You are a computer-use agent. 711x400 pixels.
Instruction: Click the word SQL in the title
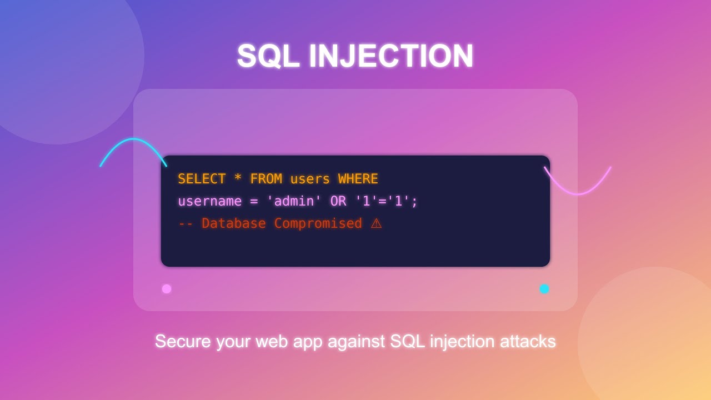tap(268, 56)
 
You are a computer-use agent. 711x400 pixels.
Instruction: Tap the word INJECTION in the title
tap(391, 56)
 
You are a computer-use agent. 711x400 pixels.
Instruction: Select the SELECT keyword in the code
tap(202, 179)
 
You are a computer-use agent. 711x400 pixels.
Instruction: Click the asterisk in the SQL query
tap(238, 179)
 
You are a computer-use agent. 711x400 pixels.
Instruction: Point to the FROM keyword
tap(266, 179)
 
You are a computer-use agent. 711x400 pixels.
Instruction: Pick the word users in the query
tap(310, 179)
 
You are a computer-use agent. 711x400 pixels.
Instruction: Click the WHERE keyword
tap(358, 179)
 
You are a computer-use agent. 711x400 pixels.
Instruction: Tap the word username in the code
tap(209, 201)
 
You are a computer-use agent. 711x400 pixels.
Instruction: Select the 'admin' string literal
tap(294, 201)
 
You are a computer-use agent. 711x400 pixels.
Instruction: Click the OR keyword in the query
tap(338, 201)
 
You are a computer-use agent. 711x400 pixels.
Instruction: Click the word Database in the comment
tap(233, 223)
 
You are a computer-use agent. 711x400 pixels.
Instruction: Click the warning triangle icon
tap(376, 223)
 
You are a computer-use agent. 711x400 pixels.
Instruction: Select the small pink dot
tap(167, 289)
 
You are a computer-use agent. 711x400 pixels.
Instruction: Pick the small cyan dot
tap(544, 289)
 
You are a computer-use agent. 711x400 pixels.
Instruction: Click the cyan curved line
tap(132, 139)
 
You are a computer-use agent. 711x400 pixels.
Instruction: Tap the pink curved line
tap(578, 194)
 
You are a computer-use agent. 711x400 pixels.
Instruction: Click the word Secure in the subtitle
tap(183, 341)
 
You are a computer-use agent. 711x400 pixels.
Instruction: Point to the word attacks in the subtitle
tap(528, 341)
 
